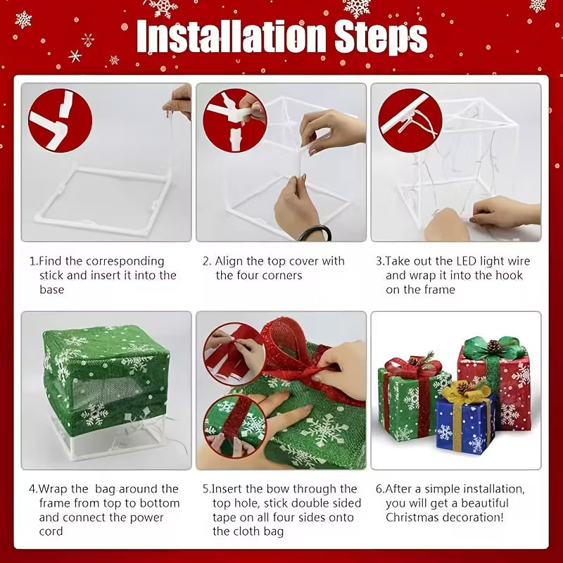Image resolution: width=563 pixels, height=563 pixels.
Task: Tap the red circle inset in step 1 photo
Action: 60,120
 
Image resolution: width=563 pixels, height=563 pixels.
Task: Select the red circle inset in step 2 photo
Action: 234,120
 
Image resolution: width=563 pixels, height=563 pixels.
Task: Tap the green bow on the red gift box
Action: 495,348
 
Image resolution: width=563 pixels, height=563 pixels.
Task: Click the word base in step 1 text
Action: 51,289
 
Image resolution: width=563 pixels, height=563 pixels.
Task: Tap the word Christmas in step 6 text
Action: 416,517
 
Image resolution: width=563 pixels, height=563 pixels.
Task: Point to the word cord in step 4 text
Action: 51,531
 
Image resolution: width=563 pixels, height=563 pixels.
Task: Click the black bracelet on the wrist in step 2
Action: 315,232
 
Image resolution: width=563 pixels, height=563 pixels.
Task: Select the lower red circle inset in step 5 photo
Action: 233,424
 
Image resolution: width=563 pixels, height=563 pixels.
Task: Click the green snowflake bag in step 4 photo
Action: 106,373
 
